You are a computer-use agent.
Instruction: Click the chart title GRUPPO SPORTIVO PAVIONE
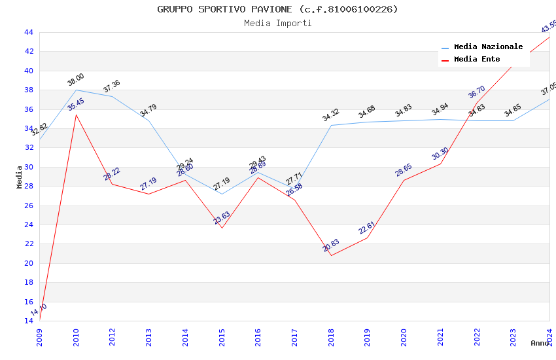coord(277,9)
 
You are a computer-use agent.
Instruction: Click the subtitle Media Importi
coord(277,23)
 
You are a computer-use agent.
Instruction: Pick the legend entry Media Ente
coord(477,60)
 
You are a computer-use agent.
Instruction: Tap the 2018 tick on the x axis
coord(331,334)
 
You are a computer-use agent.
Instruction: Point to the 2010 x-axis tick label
coord(77,334)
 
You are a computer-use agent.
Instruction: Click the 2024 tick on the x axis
coord(549,334)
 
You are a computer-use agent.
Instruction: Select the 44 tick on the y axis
coord(28,32)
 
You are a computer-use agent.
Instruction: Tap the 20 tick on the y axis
coord(28,263)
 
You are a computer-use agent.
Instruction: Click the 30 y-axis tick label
coord(28,167)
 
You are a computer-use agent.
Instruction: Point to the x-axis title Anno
coord(540,343)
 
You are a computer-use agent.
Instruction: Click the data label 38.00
coord(76,80)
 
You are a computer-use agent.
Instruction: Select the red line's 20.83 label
coord(331,245)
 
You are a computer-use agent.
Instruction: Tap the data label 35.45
coord(76,104)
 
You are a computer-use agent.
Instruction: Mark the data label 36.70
coord(477,92)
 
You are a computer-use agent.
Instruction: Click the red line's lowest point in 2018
coord(331,255)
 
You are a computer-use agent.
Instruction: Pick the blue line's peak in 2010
coord(77,90)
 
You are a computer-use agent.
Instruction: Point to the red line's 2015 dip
coord(222,228)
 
